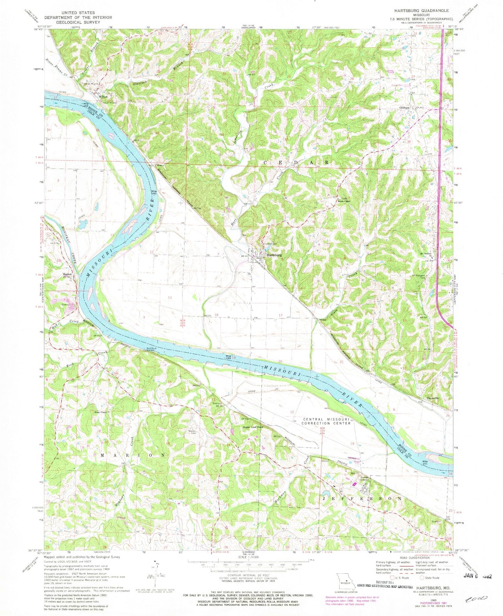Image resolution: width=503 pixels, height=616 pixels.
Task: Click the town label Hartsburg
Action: pos(274,255)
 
